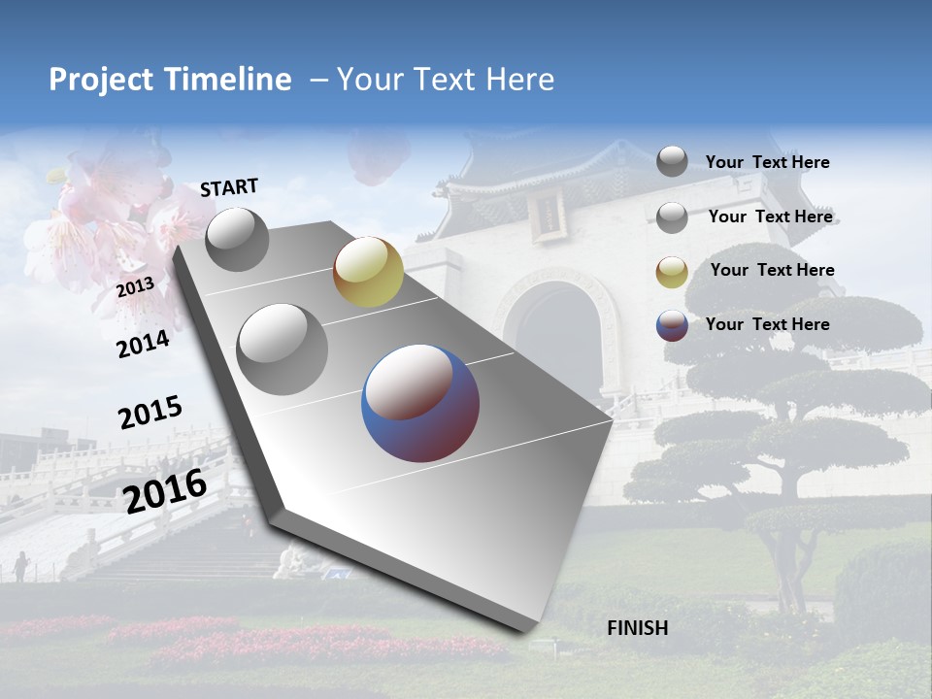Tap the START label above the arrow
(x=229, y=187)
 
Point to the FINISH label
(x=637, y=628)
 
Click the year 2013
(x=135, y=287)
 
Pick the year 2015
(x=150, y=413)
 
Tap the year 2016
(x=165, y=491)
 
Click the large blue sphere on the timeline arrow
(x=420, y=403)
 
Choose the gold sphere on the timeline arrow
(x=368, y=272)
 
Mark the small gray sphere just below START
(x=238, y=240)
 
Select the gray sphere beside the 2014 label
(x=283, y=349)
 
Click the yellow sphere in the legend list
(x=672, y=272)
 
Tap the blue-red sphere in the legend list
(x=672, y=325)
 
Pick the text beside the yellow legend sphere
(x=772, y=270)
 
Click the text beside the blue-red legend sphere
(x=767, y=324)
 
